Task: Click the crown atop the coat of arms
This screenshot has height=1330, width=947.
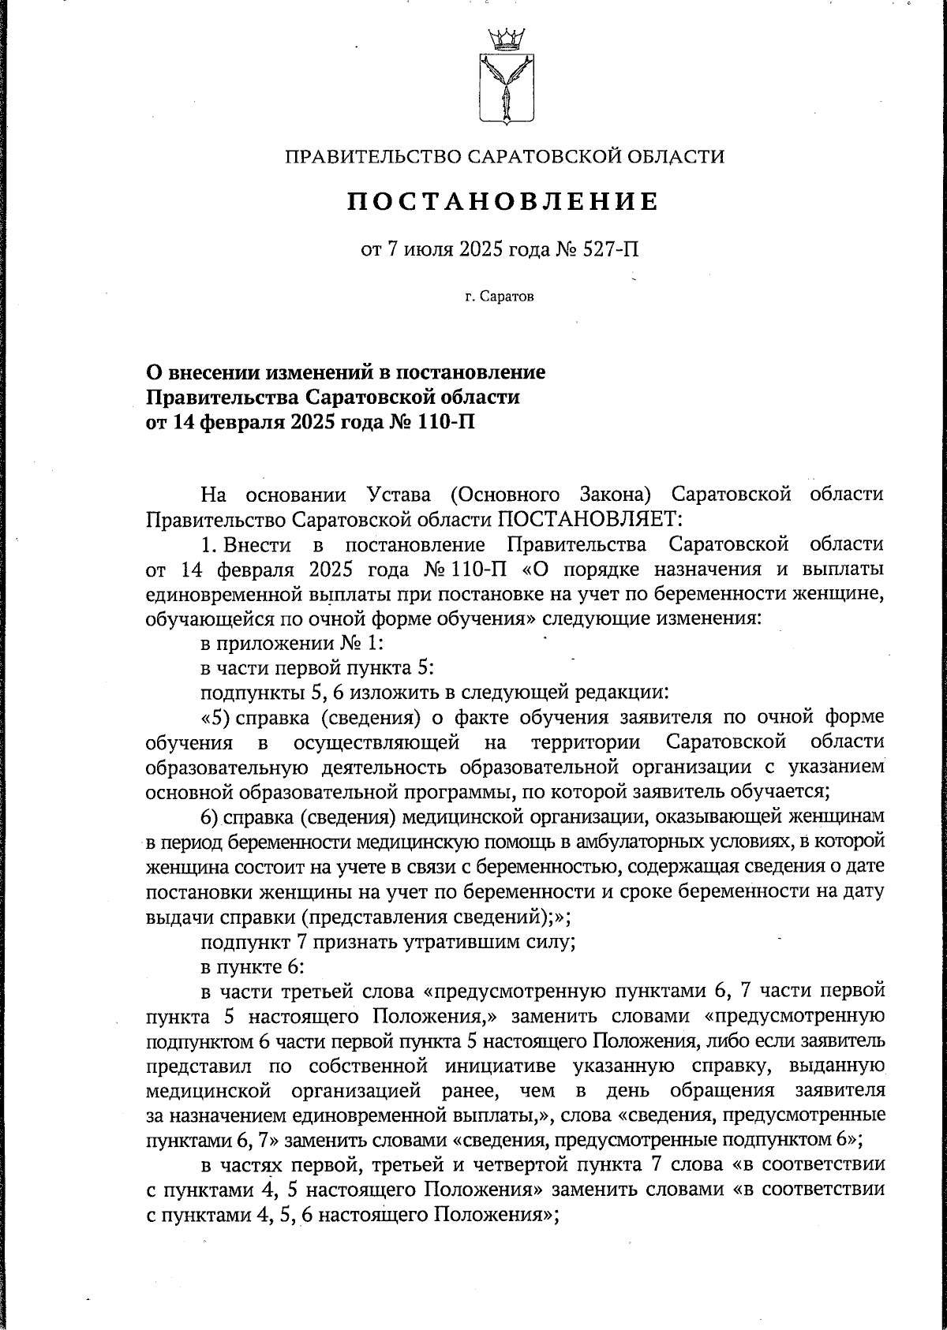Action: click(505, 37)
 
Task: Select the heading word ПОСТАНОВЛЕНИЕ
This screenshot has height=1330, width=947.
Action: click(503, 202)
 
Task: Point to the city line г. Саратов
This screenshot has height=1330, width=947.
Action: click(499, 297)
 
